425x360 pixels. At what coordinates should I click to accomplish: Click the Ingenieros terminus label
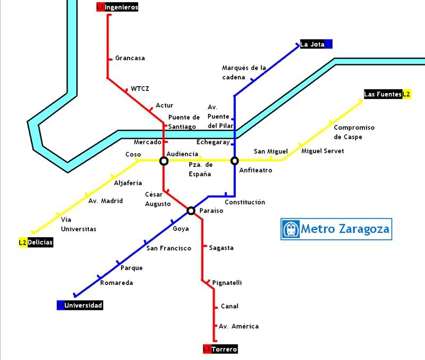coord(117,7)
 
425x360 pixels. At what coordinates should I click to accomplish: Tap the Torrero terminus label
coord(220,349)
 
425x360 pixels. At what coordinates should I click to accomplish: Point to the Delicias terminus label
coord(36,242)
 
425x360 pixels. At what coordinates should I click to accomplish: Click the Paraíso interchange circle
coord(191,211)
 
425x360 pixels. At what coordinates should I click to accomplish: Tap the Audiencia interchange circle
coord(164,161)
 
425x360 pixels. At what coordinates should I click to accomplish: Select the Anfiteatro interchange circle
coord(234,161)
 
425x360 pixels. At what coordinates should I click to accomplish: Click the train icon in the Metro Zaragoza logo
coord(291,229)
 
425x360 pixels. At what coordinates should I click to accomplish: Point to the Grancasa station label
coord(130,58)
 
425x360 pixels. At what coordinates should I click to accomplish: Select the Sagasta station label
coord(221,248)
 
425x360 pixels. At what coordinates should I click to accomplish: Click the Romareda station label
coord(116,283)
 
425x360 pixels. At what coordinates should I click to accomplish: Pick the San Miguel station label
coord(270,152)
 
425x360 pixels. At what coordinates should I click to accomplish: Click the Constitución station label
coord(244,203)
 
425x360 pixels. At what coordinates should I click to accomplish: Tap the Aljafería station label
coord(128,183)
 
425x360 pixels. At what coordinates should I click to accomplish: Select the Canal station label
coord(229,306)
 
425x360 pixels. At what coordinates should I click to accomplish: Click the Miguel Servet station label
coord(322,151)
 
